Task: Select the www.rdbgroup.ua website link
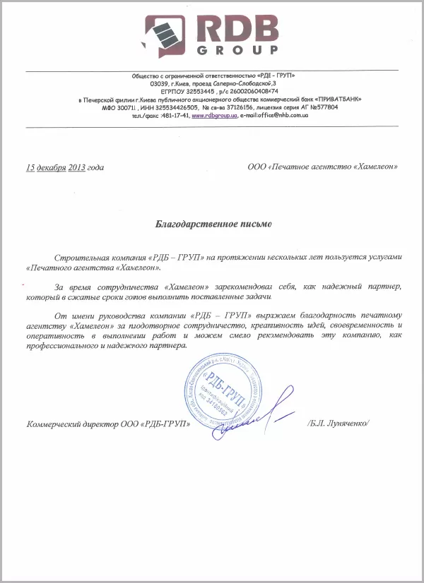(213, 114)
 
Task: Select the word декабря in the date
(52, 167)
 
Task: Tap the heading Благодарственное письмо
(213, 224)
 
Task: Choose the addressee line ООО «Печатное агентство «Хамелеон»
(322, 167)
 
